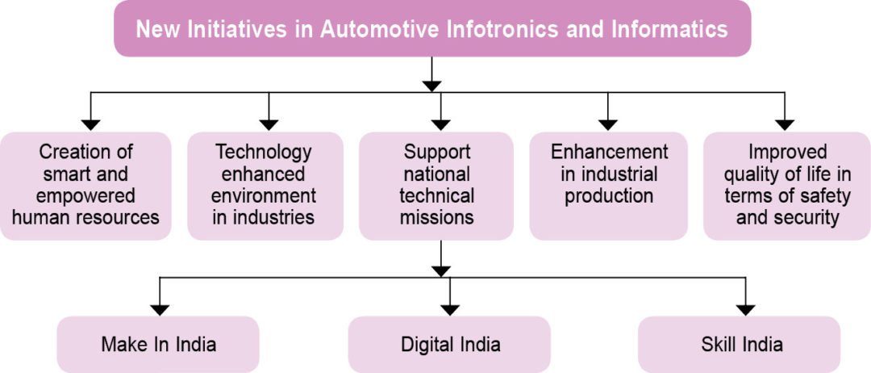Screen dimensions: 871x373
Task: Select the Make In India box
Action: [x=158, y=345]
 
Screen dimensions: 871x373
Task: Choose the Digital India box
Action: [x=450, y=345]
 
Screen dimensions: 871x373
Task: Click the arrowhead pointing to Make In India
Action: [x=160, y=310]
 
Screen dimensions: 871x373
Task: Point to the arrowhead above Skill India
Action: [x=745, y=310]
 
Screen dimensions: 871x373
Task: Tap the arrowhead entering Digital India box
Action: [x=450, y=310]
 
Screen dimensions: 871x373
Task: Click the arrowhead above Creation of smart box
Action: [x=90, y=125]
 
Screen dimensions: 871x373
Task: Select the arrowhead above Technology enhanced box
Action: [x=269, y=125]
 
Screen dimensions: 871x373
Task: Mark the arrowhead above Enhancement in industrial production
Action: [x=608, y=125]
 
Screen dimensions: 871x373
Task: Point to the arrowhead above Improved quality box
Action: [x=785, y=125]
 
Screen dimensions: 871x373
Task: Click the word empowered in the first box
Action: [x=85, y=196]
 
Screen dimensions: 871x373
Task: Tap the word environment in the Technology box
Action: [x=265, y=196]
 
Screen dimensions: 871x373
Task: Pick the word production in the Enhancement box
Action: [x=609, y=196]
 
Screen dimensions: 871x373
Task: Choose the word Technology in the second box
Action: [x=264, y=153]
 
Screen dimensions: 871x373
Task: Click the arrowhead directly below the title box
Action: [x=431, y=86]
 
